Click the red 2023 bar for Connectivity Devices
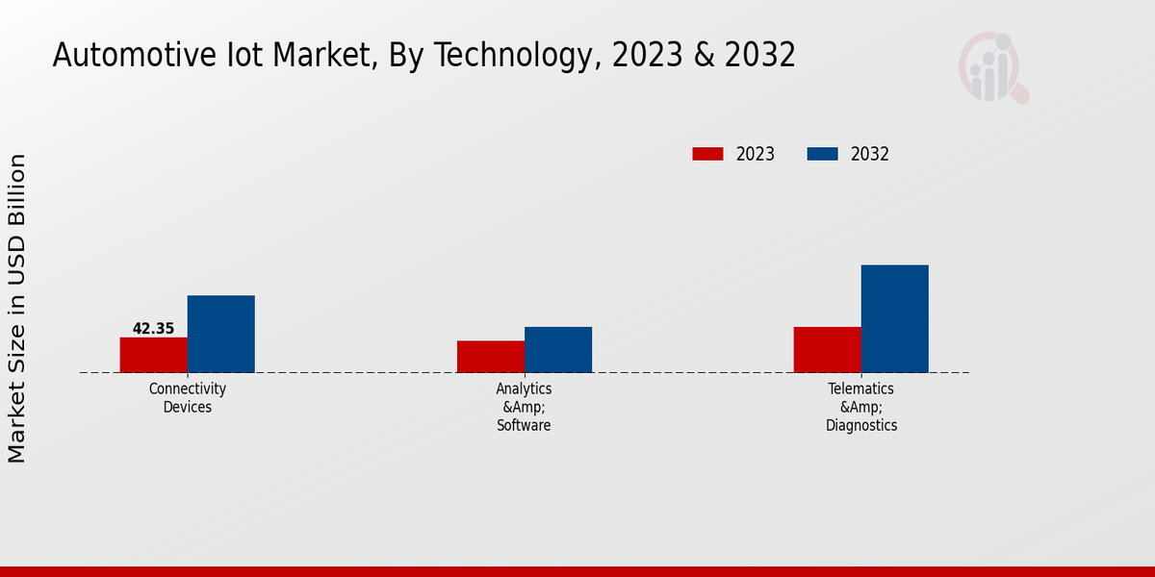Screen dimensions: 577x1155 (x=153, y=355)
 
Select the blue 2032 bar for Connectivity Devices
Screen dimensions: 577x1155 (x=220, y=334)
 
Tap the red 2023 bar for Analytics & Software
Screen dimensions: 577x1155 (x=490, y=357)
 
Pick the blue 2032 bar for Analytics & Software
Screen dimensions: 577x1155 (x=557, y=349)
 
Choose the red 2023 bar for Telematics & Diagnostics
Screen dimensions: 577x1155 (x=827, y=349)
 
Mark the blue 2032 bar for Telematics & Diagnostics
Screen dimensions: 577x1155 (x=894, y=318)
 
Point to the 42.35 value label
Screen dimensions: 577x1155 (x=153, y=329)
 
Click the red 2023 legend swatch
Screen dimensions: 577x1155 (x=707, y=154)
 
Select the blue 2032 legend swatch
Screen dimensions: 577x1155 (x=822, y=154)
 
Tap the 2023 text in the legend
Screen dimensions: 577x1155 (x=756, y=154)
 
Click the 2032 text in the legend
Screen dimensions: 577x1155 (x=870, y=154)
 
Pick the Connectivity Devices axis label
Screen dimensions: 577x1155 (x=188, y=398)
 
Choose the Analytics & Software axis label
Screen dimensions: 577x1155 (x=525, y=407)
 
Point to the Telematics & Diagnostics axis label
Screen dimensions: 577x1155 (x=861, y=407)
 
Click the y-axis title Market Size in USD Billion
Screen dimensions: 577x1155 (x=17, y=308)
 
